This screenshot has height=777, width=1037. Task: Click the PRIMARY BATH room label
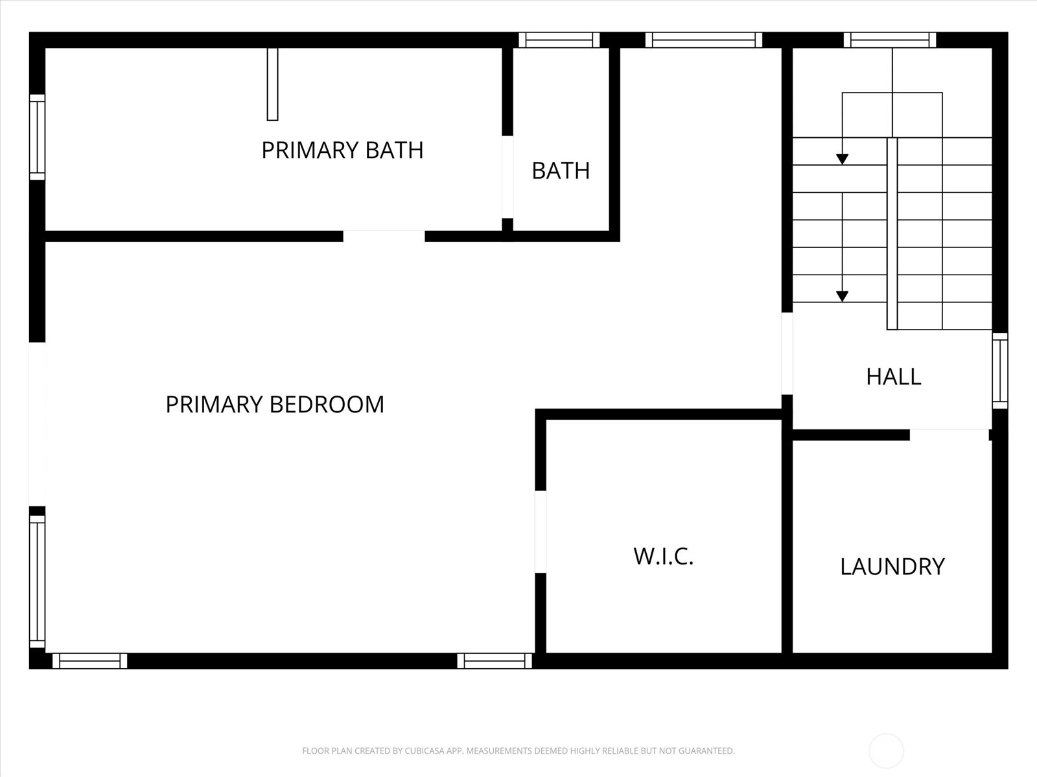click(342, 150)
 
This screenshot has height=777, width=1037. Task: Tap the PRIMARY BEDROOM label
click(275, 404)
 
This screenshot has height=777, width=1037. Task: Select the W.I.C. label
click(663, 556)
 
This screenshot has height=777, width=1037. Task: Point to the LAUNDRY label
click(892, 566)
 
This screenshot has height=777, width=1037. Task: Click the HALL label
click(893, 376)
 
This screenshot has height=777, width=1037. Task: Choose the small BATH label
click(561, 171)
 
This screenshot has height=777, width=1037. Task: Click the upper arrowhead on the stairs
click(842, 159)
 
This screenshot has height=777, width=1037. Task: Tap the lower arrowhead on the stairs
click(842, 297)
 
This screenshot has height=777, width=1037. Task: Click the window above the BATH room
click(559, 40)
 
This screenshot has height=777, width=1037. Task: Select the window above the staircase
click(890, 40)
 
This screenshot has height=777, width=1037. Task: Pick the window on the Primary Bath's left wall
click(38, 137)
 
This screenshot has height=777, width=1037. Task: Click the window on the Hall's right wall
click(999, 371)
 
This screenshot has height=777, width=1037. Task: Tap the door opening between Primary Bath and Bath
click(507, 177)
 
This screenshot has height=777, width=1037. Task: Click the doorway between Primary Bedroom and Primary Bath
click(384, 236)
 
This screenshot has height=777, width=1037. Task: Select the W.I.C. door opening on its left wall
click(541, 532)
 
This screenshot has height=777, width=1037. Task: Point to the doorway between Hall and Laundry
click(950, 435)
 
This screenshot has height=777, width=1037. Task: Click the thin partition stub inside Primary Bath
click(273, 84)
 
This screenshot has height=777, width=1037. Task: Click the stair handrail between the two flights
click(892, 234)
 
